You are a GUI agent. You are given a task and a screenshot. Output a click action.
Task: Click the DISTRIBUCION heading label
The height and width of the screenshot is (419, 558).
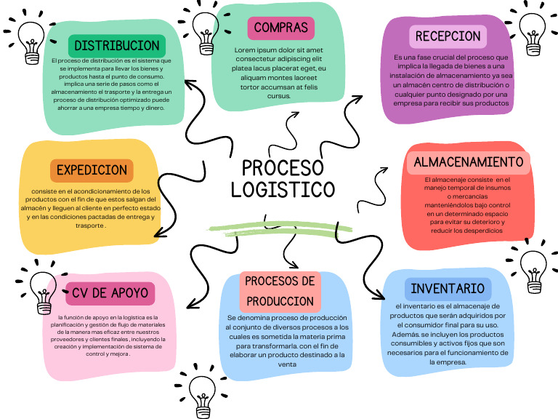116,45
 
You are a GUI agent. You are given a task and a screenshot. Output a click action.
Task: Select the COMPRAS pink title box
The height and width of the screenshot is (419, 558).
280,28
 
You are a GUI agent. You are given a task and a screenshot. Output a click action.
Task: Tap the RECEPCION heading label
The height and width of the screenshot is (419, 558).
448,36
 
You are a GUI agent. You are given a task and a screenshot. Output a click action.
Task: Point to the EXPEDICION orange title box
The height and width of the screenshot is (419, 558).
92,170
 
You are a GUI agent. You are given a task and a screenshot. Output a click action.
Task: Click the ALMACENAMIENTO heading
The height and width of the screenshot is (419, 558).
468,161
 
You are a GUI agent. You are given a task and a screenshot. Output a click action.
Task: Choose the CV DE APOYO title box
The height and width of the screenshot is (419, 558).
110,293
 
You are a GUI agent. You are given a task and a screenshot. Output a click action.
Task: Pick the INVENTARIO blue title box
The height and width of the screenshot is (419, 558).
448,289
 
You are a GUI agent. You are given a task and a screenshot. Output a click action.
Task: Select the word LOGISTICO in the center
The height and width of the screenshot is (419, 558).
283,190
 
